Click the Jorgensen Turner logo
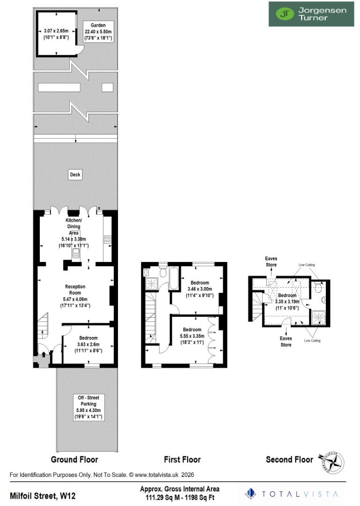pyautogui.click(x=311, y=14)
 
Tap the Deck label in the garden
pyautogui.click(x=75, y=175)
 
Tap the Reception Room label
pyautogui.click(x=75, y=296)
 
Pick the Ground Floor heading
pyautogui.click(x=74, y=460)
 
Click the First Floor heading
pyautogui.click(x=182, y=460)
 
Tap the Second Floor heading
pyautogui.click(x=289, y=460)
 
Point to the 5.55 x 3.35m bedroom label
pyautogui.click(x=192, y=335)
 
